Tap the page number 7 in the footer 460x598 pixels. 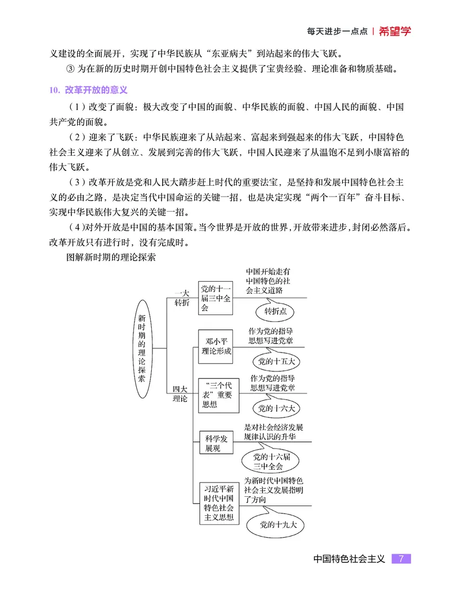401,558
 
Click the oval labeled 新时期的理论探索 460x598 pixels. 141,348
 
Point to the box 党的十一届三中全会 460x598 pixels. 216,298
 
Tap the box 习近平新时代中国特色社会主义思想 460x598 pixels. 218,502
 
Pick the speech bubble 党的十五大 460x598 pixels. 276,361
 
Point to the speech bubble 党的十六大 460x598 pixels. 276,409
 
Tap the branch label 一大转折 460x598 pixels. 181,298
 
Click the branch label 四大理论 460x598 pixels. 180,394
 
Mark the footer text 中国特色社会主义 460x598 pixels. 349,558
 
